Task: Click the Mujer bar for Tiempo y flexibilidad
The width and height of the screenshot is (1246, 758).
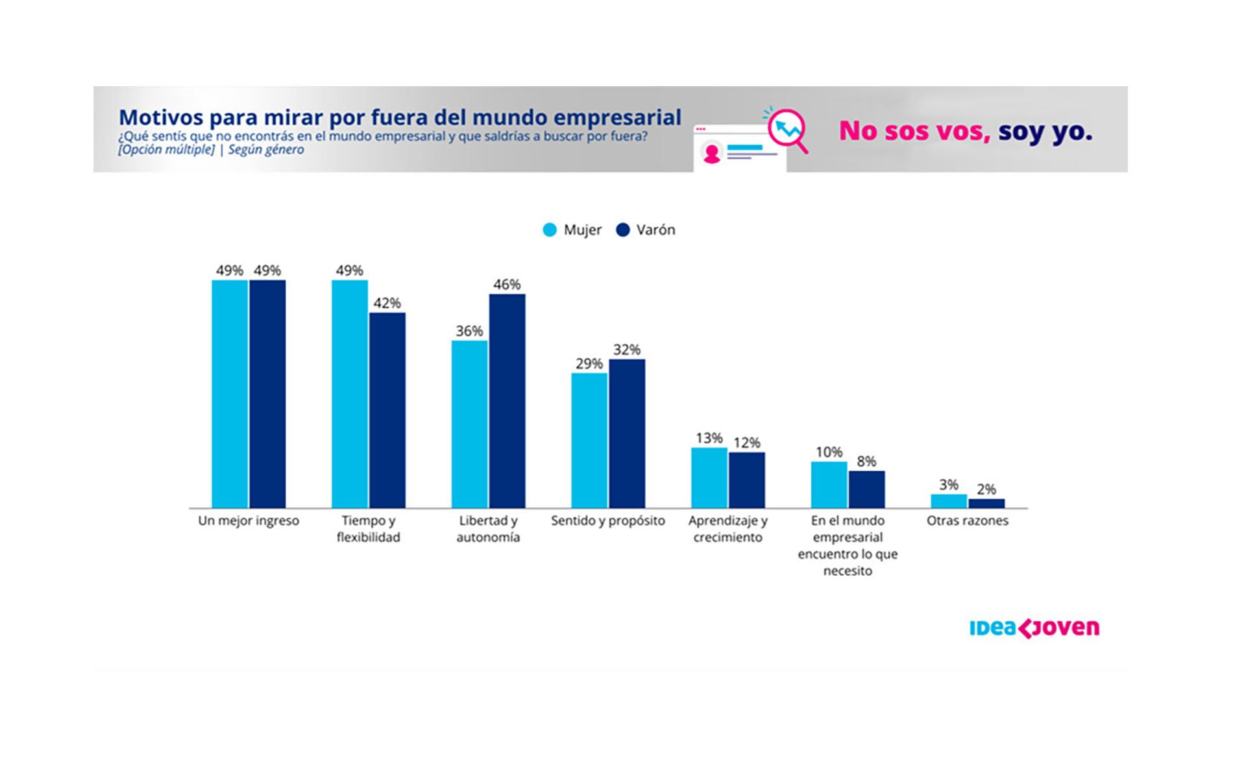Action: pyautogui.click(x=349, y=394)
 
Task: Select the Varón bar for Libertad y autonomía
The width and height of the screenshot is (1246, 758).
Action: pyautogui.click(x=507, y=401)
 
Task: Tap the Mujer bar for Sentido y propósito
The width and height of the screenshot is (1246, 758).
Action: pyautogui.click(x=589, y=440)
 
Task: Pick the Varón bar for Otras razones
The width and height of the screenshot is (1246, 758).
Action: pyautogui.click(x=986, y=503)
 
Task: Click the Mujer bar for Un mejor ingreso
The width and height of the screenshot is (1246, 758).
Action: pyautogui.click(x=230, y=394)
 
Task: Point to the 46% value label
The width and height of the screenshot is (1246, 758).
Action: pyautogui.click(x=507, y=285)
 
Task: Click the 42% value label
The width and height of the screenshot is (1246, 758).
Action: pyautogui.click(x=387, y=303)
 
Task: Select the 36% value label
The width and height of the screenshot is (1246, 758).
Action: pyautogui.click(x=469, y=331)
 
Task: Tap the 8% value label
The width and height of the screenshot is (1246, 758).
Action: pyautogui.click(x=866, y=462)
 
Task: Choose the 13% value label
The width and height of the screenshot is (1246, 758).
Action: pyautogui.click(x=709, y=438)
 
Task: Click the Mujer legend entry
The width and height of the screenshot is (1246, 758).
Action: pyautogui.click(x=572, y=230)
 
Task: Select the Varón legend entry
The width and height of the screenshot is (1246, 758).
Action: pyautogui.click(x=646, y=230)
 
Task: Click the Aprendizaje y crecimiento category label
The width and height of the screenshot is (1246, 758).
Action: pyautogui.click(x=727, y=528)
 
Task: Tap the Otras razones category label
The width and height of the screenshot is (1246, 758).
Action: pyautogui.click(x=967, y=521)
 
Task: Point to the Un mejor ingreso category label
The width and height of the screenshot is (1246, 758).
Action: pyautogui.click(x=249, y=521)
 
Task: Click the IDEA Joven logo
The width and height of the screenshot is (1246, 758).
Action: pyautogui.click(x=1034, y=628)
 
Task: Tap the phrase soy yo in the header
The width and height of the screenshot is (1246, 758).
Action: pyautogui.click(x=1045, y=131)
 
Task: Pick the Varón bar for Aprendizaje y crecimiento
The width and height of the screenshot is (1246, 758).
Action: pyautogui.click(x=746, y=480)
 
